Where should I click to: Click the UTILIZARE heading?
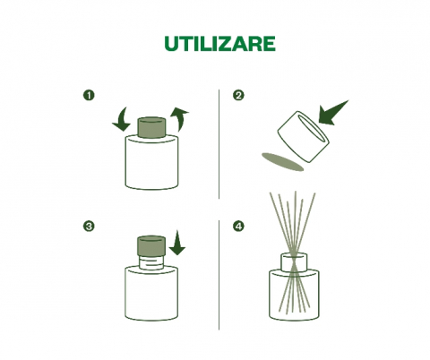tap(219, 44)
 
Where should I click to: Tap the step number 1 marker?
tap(89, 96)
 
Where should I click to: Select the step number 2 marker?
tap(238, 96)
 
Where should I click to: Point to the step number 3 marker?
tap(89, 226)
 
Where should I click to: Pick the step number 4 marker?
tap(238, 226)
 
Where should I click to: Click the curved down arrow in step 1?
tap(123, 121)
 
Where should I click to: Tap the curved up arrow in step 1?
tap(180, 119)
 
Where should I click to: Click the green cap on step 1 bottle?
tap(151, 128)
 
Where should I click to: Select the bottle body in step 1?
tap(151, 163)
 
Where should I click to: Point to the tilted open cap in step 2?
tap(303, 137)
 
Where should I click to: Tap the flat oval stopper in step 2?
tap(282, 162)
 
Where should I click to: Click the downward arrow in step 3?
tap(177, 243)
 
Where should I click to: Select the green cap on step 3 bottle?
tap(151, 245)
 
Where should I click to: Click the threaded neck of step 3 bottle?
tap(151, 262)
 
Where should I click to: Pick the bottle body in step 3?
tap(151, 294)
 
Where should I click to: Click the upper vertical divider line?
tap(219, 144)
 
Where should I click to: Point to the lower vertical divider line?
tap(219, 275)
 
